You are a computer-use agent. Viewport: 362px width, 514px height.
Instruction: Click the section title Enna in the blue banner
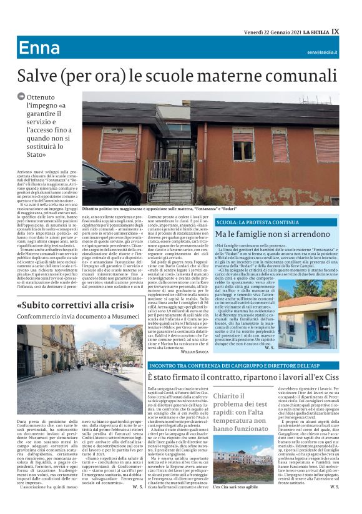(x=39, y=49)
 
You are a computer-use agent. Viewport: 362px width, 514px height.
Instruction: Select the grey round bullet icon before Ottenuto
(x=21, y=97)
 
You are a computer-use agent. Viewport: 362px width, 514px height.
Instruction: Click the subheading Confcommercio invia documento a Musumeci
(x=79, y=317)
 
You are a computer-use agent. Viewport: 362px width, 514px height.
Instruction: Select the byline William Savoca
(x=195, y=352)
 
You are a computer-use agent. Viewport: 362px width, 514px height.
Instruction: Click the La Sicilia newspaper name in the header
(x=314, y=31)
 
